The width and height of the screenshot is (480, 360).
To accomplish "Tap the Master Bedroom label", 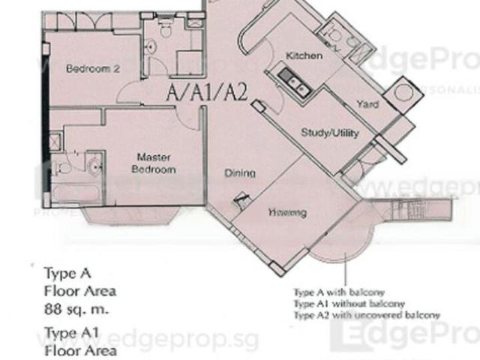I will [155, 163].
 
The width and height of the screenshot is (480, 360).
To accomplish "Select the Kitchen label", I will [304, 55].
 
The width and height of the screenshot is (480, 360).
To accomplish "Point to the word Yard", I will [367, 105].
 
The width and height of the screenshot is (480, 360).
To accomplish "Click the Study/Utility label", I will [330, 133].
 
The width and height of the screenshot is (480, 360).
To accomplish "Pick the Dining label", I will [240, 173].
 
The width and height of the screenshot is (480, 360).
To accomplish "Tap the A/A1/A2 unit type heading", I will [207, 94].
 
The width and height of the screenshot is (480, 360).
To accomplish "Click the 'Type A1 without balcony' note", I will [349, 304].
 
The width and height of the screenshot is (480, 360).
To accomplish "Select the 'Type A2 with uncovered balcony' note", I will [367, 316].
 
